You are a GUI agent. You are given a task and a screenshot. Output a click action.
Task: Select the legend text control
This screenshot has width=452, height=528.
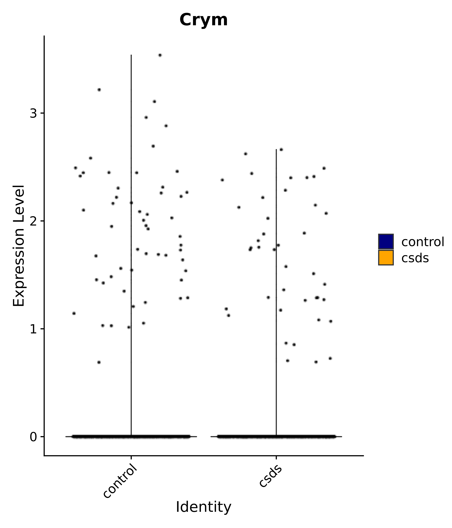(x=422, y=242)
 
